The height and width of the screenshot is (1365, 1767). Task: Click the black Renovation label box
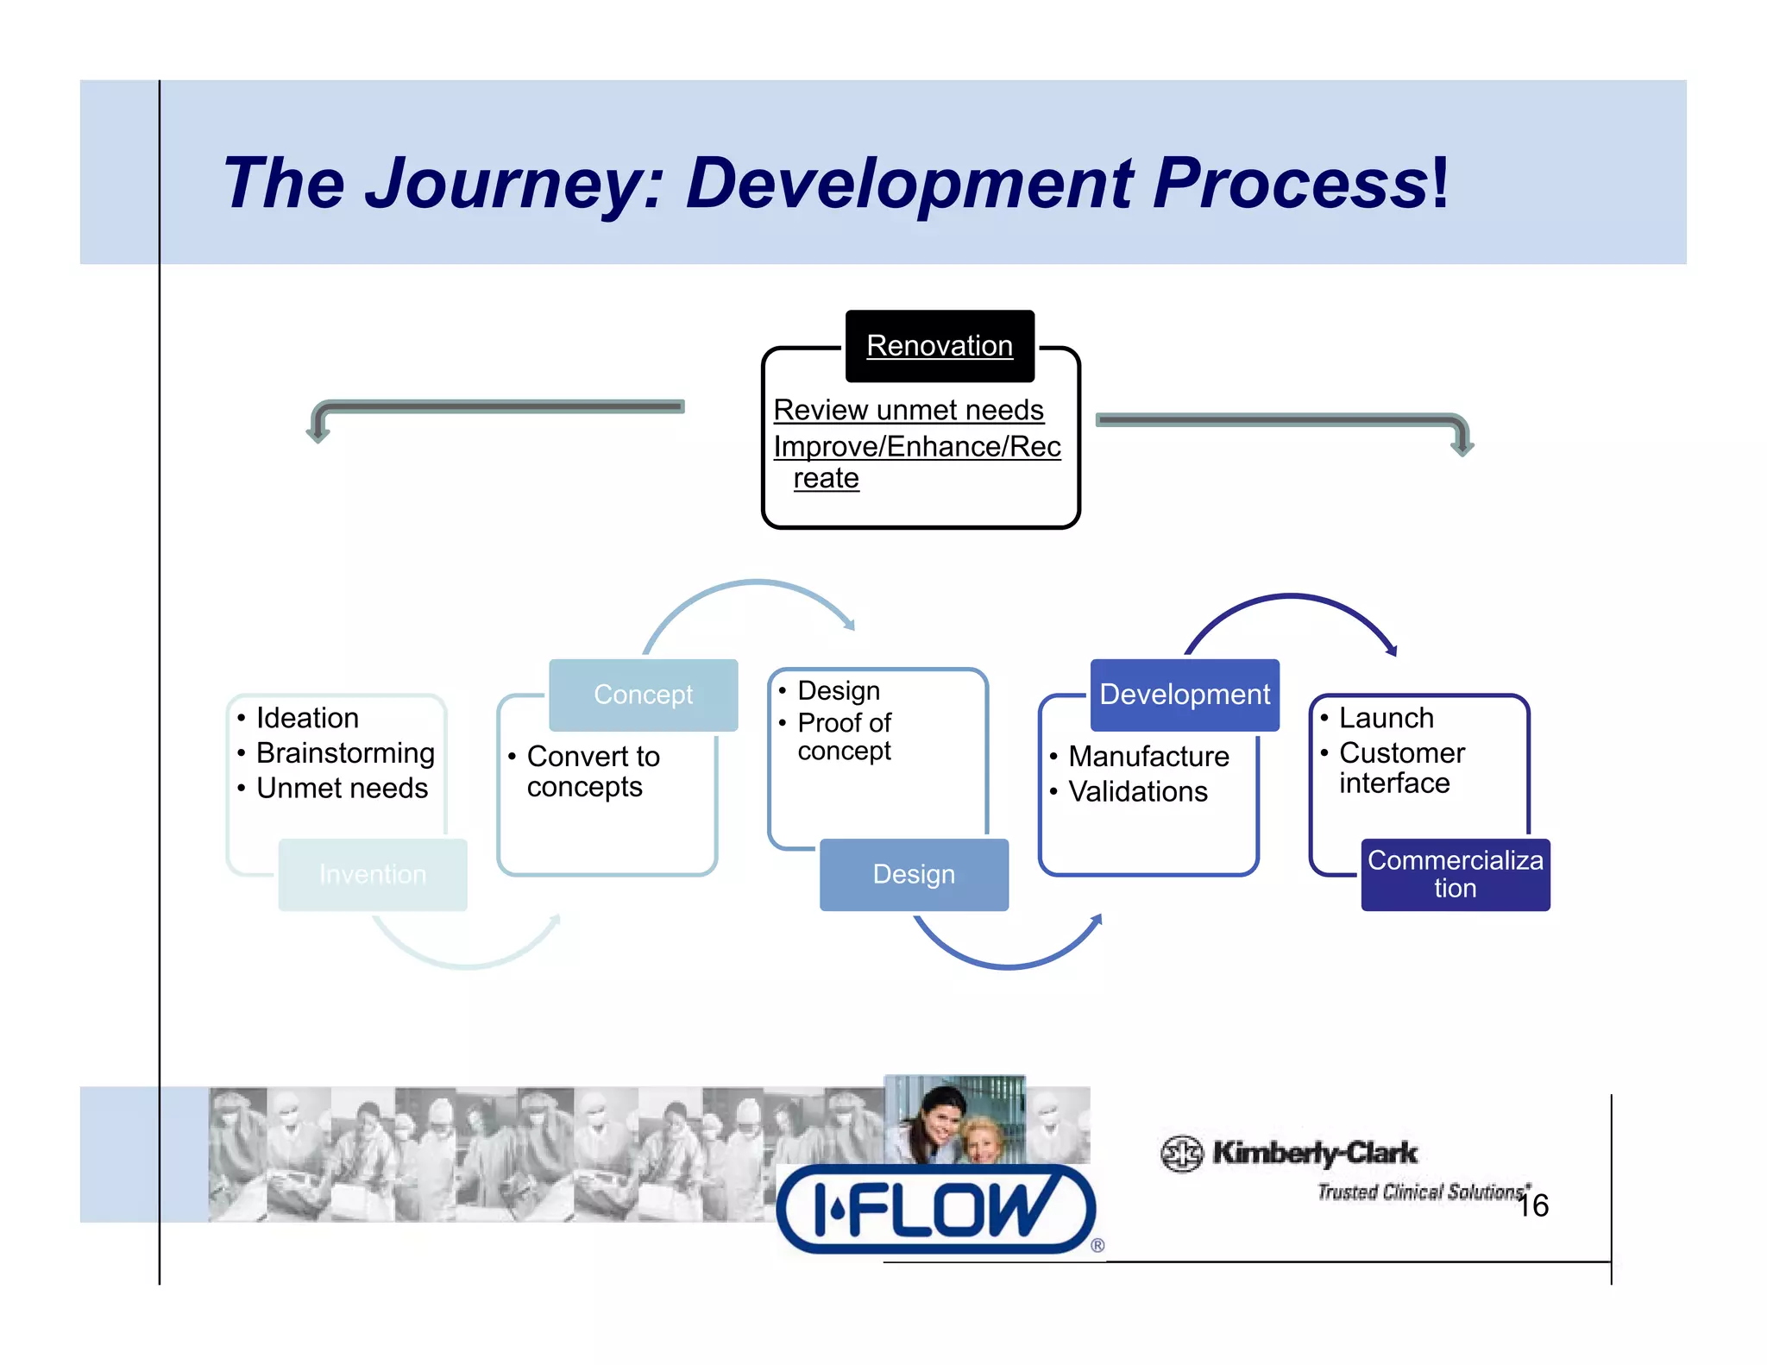click(939, 346)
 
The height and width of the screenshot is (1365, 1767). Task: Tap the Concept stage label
click(643, 695)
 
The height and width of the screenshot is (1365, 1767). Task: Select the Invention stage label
click(372, 874)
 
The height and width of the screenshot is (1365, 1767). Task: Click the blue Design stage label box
click(913, 874)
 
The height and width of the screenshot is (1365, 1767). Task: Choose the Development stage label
click(1184, 695)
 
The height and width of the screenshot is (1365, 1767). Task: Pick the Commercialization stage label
click(1455, 874)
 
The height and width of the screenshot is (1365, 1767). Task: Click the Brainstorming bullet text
click(345, 752)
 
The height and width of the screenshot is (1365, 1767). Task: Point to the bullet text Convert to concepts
click(592, 771)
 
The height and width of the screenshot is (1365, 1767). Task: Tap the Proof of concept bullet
click(844, 736)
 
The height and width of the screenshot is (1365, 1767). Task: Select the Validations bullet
click(1137, 791)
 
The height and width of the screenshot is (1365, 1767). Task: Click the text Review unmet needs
click(908, 410)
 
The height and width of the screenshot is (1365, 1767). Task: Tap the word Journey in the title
click(514, 183)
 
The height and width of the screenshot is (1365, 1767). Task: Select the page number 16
click(1533, 1205)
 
